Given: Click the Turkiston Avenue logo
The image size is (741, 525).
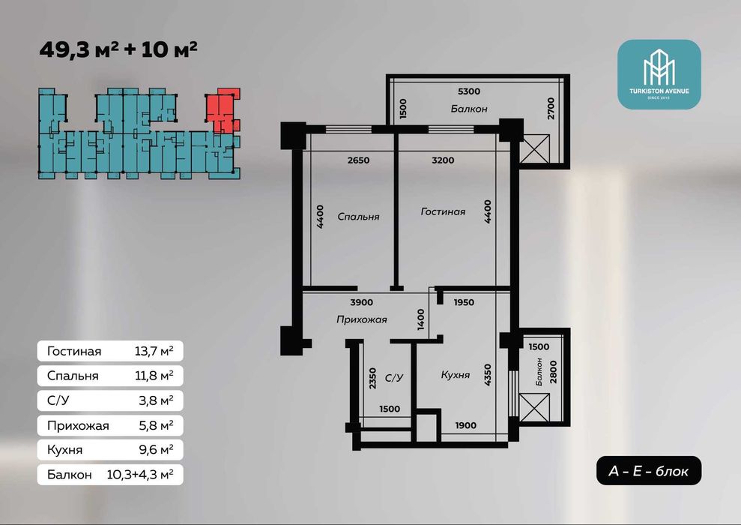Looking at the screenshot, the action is pos(659,74).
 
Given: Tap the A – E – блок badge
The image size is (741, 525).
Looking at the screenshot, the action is pos(648,470).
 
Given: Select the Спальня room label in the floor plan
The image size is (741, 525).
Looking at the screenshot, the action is pos(358,217).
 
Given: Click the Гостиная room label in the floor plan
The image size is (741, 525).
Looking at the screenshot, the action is pos(443,212).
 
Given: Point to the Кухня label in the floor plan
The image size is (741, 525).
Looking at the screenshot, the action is pos(455,375).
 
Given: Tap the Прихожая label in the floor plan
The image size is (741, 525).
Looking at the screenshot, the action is pos(362,319).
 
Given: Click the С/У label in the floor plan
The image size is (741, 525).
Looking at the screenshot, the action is pos(394,378).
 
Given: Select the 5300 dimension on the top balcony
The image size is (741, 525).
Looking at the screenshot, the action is pos(469,91).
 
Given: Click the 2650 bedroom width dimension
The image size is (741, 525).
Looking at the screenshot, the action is pos(358,160).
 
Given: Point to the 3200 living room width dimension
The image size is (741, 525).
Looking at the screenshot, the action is pos(443,160).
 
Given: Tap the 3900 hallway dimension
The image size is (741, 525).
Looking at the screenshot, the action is pos(362,302).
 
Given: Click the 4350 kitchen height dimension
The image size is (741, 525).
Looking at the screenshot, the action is pos(488,374).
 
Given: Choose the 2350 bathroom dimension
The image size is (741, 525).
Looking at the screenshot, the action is pos(373,379).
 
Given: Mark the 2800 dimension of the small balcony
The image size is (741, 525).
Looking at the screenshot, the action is pos(554,372).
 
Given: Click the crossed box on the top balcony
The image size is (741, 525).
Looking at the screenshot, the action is pos(534,149).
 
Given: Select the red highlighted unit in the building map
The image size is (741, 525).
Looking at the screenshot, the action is pos(222,111).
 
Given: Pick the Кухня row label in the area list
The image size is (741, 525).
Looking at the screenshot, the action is pos(64,449).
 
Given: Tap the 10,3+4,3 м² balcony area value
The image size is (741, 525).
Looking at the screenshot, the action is pos(140,474).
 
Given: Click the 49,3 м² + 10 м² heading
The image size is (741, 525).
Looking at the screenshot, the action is pos(118,49).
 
